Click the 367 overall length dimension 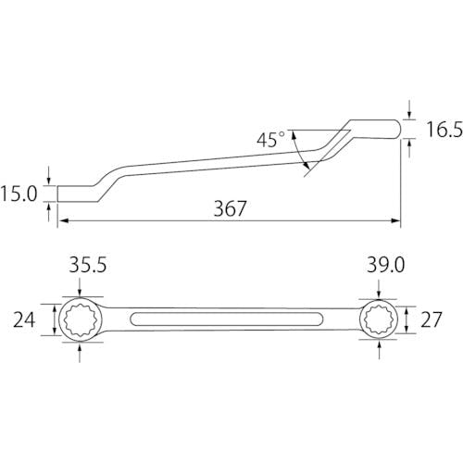(x=231, y=208)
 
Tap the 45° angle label (x=270, y=140)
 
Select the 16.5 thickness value (x=444, y=129)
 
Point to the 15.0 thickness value (x=19, y=194)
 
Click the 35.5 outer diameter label (x=88, y=265)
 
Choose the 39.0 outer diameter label (x=385, y=265)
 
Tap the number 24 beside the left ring (x=24, y=319)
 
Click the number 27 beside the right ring (x=432, y=319)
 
